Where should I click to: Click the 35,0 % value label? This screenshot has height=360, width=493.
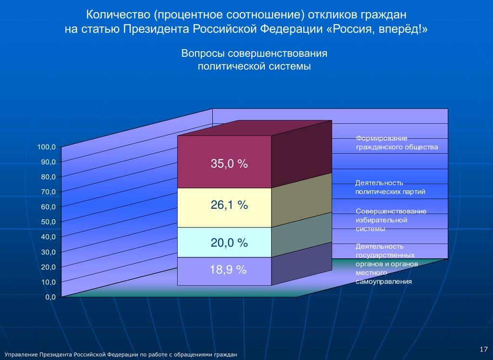pos(229,164)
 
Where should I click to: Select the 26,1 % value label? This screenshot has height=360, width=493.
pos(229,205)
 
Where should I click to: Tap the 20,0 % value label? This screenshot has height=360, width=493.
pos(229,243)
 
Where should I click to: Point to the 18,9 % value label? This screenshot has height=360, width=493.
pos(228,270)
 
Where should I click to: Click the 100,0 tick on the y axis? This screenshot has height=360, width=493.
pos(47,147)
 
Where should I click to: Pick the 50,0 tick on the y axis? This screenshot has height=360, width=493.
pos(49,222)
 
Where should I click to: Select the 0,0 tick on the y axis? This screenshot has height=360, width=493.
pos(51,297)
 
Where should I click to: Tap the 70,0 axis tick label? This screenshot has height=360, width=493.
pos(49,192)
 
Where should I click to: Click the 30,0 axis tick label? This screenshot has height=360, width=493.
pos(49,252)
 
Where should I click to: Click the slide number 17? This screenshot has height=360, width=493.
pos(484,348)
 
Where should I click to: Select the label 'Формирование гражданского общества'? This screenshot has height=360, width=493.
pos(397,143)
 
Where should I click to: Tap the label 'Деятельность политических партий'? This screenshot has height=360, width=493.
pos(390,187)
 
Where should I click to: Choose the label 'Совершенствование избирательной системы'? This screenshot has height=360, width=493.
pos(390,220)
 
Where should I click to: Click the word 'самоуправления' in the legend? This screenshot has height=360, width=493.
pos(384,282)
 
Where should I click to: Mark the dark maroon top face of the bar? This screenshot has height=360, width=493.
pos(255,128)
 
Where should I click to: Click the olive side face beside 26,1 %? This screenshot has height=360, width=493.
pos(301,200)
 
